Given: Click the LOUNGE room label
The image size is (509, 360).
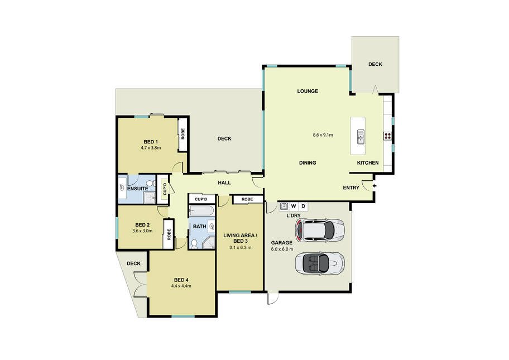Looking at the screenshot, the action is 308,91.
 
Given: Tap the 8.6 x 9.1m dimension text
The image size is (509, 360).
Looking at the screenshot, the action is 323,135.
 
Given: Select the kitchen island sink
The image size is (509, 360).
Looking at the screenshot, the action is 361,137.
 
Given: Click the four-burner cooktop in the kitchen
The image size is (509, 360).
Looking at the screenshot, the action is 387,136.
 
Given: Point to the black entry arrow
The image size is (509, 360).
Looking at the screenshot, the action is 375,186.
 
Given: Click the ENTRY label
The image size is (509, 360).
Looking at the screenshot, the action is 351,188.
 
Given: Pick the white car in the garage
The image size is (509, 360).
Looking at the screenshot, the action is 319,230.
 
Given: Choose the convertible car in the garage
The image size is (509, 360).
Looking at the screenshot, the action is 319,263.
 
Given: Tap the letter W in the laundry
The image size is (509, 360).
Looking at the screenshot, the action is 294,206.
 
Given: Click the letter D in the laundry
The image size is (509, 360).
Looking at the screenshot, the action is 303,206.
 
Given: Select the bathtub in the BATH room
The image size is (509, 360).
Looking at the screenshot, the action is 201,211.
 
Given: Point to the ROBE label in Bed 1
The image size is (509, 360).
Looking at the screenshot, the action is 183,134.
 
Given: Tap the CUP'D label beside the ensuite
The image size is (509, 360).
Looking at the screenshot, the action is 165,189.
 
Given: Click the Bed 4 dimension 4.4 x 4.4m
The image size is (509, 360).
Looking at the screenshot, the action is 181,286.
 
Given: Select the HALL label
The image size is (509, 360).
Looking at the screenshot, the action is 224,183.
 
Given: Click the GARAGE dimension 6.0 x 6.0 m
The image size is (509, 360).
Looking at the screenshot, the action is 282,249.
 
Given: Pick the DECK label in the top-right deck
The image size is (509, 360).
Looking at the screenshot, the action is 375,64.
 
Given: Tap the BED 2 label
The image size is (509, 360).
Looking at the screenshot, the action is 142,225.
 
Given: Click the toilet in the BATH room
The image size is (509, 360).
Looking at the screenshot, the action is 194,244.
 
